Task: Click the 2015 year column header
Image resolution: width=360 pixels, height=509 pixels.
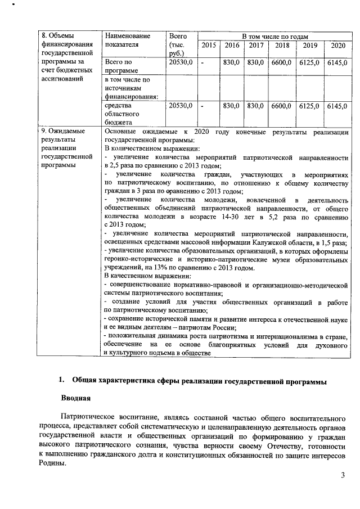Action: click(x=208, y=45)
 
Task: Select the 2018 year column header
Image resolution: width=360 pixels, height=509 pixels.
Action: click(x=283, y=45)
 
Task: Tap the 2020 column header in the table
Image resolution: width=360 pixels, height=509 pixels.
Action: click(x=337, y=45)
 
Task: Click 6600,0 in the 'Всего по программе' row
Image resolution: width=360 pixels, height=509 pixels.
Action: click(x=283, y=62)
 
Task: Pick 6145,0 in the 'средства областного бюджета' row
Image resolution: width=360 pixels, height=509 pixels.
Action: click(x=337, y=106)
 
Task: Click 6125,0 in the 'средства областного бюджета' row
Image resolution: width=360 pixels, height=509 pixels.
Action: click(x=309, y=106)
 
